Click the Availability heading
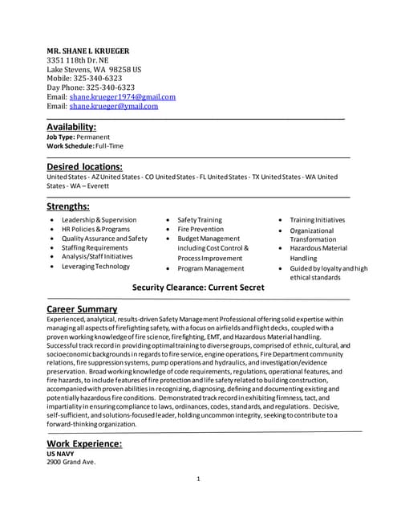click(71, 127)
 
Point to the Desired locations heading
click(84, 166)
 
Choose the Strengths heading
click(68, 206)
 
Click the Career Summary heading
click(82, 308)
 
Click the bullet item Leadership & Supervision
click(99, 220)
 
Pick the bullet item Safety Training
click(199, 220)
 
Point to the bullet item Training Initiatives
click(317, 220)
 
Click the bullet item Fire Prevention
click(201, 230)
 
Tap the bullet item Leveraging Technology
click(95, 267)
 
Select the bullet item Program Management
click(210, 269)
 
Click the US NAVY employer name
click(60, 454)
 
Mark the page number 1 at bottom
click(198, 479)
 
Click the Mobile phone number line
click(84, 78)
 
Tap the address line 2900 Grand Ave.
click(71, 463)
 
